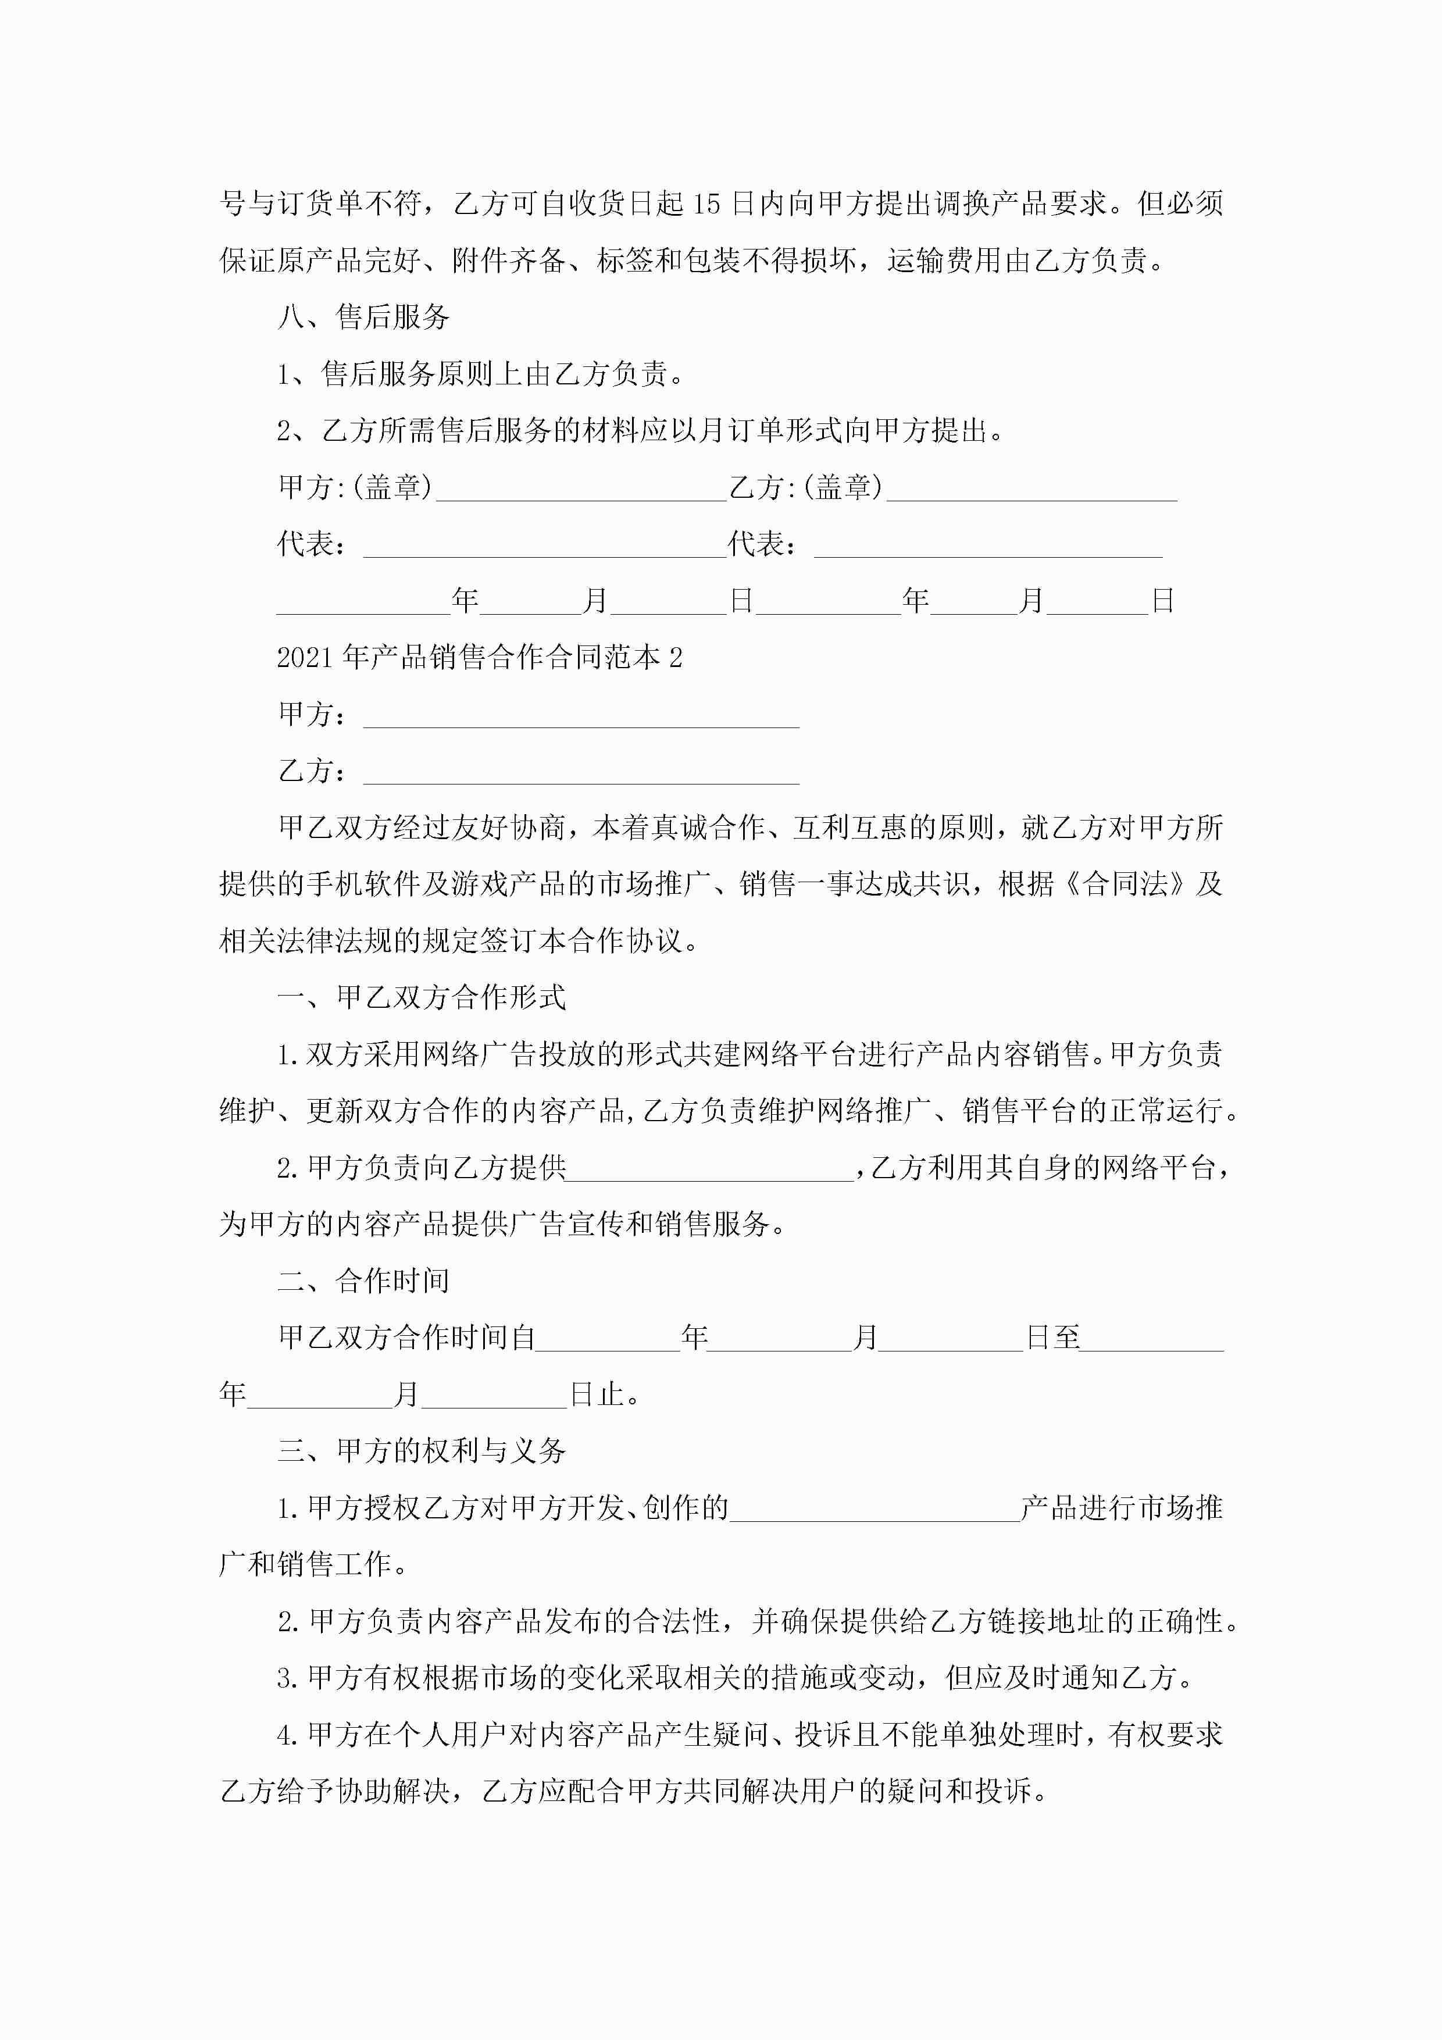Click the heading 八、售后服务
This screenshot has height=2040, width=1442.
363,317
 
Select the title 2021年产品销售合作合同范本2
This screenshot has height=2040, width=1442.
479,658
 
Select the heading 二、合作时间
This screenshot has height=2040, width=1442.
363,1281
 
